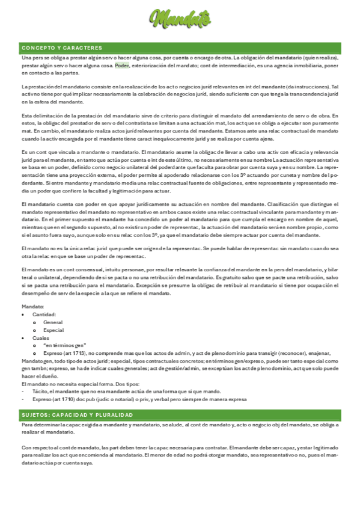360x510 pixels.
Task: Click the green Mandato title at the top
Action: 180,19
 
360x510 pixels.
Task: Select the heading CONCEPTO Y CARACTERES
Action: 62,48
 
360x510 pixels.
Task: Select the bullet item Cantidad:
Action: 44,315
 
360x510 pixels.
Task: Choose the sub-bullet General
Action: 53,322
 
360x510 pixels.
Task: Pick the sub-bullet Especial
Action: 53,330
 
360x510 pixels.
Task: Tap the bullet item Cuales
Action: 41,338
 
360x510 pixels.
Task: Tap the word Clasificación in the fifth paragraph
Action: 266,204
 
